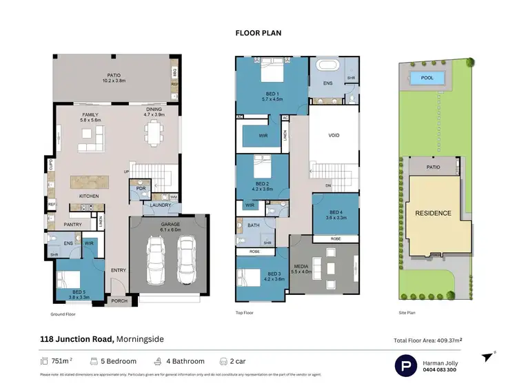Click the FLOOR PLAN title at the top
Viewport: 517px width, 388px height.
coord(258,32)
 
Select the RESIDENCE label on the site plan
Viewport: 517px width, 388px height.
coord(432,213)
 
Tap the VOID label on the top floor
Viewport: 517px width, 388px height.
coord(334,136)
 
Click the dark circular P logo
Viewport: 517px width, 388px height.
coord(407,365)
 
